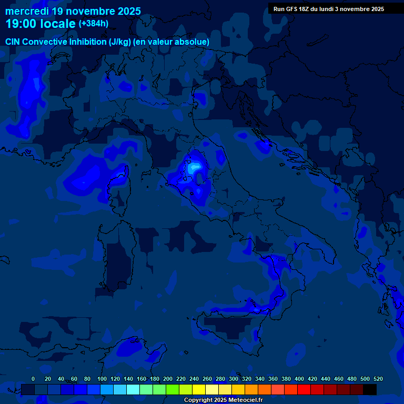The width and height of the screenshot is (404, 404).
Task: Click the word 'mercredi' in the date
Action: point(27,11)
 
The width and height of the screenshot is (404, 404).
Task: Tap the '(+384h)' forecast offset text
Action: point(94,24)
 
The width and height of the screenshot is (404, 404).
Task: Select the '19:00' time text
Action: point(21,24)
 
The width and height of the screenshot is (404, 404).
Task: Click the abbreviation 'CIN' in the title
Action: point(13,42)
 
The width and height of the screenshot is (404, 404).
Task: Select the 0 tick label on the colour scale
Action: point(33,379)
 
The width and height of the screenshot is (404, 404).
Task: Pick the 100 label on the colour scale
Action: point(102,379)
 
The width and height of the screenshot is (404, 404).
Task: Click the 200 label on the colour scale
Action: point(168,379)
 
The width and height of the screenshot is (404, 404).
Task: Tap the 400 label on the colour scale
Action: point(299,379)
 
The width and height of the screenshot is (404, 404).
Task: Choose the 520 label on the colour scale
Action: point(378,379)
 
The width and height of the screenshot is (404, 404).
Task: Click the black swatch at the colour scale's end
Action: point(370,389)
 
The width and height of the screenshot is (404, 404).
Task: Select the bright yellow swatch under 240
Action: point(199,389)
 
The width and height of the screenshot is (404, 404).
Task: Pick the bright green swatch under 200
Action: point(173,389)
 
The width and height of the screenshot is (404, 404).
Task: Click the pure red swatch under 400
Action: point(304,389)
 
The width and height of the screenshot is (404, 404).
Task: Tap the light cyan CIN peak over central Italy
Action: point(195,167)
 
